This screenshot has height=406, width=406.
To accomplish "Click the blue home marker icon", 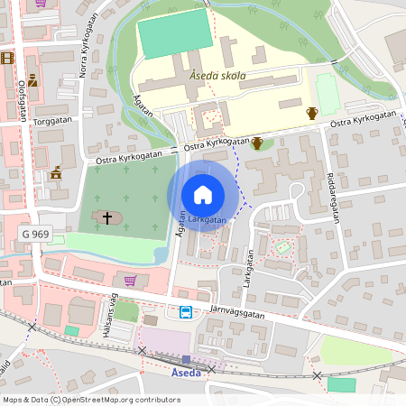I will tap(203, 195).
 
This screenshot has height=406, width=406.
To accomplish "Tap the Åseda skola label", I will tap(217, 77).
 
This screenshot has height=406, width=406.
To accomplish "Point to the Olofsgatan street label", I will tap(22, 99).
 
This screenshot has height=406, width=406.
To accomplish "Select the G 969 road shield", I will tap(34, 234).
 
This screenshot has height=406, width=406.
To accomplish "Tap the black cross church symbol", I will tap(107, 217).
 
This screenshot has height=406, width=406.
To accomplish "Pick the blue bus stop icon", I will tap(185, 312).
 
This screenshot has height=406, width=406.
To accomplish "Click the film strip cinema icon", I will tap(8, 59).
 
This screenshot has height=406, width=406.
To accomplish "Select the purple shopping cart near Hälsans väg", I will tap(130, 280).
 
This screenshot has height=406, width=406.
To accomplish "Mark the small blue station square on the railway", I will tap(186, 358).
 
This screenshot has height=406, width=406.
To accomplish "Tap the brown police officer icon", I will tap(32, 80).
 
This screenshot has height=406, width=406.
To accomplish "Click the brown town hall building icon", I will tap(56, 172).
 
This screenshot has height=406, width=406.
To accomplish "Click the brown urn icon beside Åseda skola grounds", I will tap(312, 113).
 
